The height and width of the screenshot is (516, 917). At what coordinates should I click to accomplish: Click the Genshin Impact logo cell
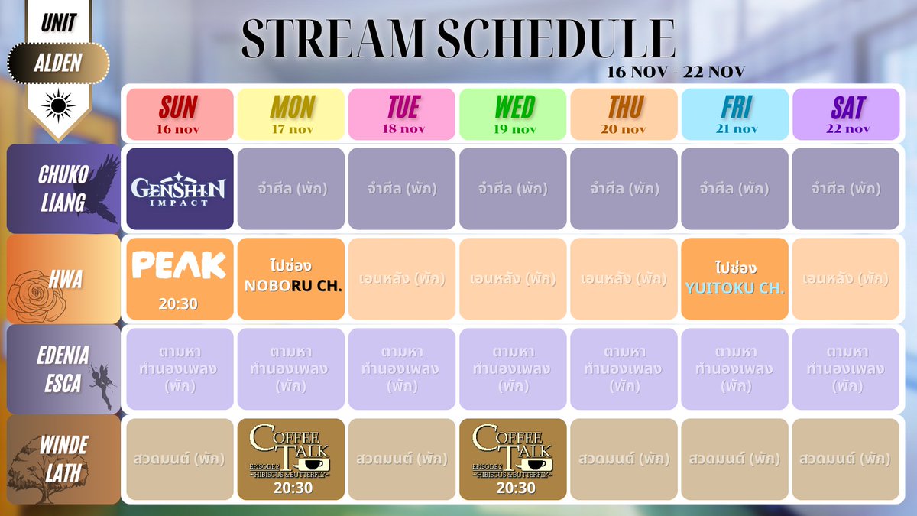click(x=180, y=189)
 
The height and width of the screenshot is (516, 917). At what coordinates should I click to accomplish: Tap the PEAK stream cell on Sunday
click(x=180, y=278)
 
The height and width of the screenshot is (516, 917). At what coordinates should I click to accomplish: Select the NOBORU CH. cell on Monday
click(x=290, y=278)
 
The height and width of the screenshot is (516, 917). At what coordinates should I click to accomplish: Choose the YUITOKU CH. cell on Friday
click(x=734, y=278)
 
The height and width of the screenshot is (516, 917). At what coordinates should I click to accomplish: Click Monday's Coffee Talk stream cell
click(x=290, y=459)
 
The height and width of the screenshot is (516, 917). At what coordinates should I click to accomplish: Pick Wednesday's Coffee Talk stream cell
click(x=513, y=459)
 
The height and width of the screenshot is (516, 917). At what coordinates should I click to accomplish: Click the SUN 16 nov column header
click(x=180, y=114)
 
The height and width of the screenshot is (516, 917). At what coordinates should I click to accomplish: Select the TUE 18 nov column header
click(x=402, y=114)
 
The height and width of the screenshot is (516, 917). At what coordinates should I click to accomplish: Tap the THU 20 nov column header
click(x=624, y=114)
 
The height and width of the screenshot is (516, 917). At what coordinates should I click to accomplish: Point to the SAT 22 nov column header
click(x=846, y=114)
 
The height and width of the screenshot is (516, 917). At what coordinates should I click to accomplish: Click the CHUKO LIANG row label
click(x=63, y=189)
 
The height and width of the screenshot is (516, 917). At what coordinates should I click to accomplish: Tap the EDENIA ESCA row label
click(x=63, y=369)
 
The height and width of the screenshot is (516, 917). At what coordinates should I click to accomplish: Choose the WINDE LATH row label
click(x=63, y=459)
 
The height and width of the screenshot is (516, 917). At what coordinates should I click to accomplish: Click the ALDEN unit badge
click(x=58, y=63)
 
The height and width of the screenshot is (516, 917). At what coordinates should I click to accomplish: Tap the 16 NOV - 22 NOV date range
click(x=676, y=73)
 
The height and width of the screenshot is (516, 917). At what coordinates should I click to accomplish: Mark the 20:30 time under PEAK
click(x=179, y=303)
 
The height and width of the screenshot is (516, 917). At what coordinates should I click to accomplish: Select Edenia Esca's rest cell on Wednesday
click(x=513, y=369)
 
